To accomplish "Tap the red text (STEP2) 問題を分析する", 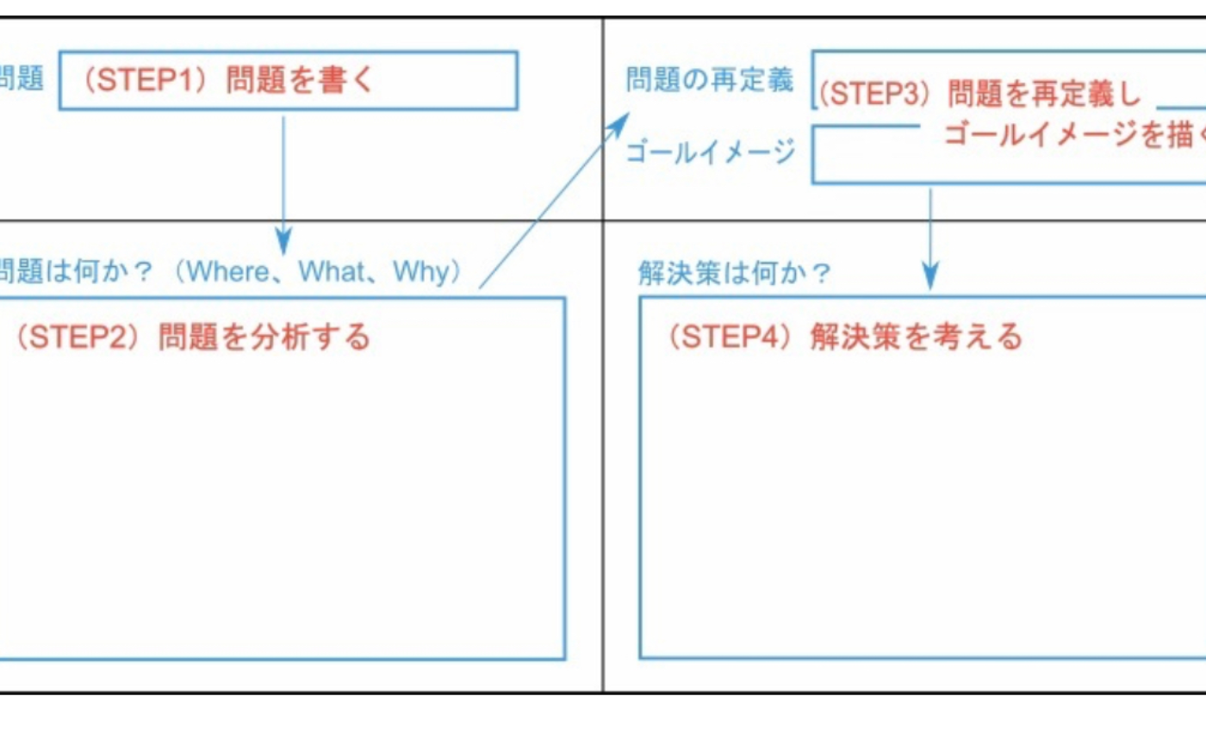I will point(191,337).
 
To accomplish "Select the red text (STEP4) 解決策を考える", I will point(843,337).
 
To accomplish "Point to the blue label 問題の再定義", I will point(709,81).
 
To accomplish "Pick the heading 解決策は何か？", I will point(734,274).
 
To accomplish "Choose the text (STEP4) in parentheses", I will point(730,337).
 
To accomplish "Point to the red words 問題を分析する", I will point(264,337).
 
